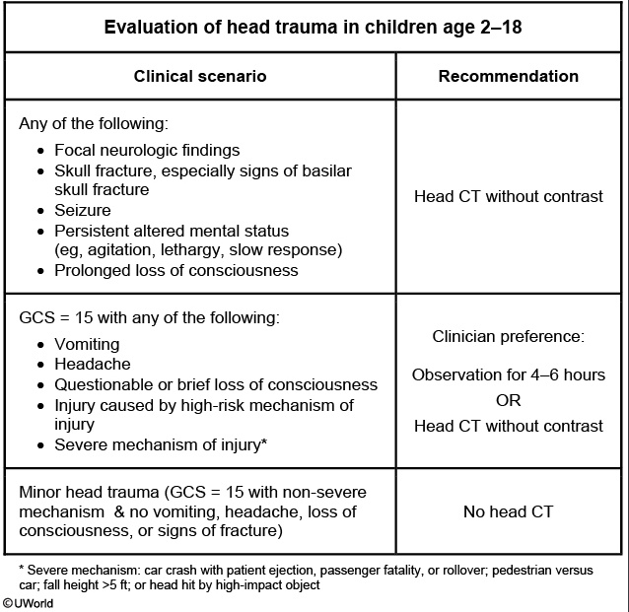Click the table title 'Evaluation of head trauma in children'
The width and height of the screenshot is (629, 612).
click(313, 27)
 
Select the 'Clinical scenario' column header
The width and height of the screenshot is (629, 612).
click(200, 76)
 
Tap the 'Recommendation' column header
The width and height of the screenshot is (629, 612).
click(509, 76)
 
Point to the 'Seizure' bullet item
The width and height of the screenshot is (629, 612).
click(83, 211)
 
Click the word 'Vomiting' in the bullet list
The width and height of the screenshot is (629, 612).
click(87, 345)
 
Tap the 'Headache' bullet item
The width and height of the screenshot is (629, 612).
click(89, 365)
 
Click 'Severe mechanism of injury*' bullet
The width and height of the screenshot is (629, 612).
click(161, 444)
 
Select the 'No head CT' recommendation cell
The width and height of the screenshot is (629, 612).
click(508, 511)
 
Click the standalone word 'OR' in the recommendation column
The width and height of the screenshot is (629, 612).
click(508, 400)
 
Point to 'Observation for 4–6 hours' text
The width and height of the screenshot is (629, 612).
click(508, 374)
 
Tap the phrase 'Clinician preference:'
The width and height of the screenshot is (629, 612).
click(508, 336)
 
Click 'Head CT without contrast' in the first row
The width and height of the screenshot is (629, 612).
click(508, 196)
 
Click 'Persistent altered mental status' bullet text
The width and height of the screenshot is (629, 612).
click(172, 231)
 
